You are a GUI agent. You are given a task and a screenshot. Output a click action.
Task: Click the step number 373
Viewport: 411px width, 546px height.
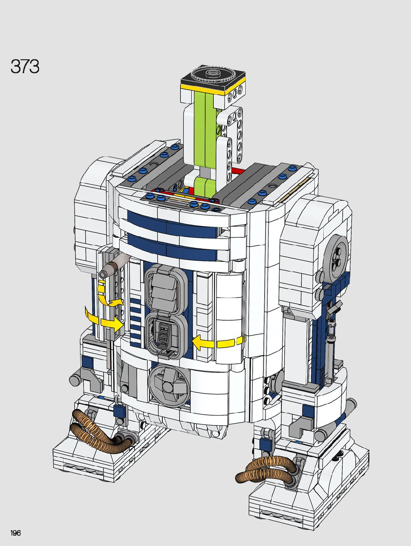point(25,67)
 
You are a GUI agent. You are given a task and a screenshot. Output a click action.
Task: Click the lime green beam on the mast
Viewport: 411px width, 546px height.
point(207,139)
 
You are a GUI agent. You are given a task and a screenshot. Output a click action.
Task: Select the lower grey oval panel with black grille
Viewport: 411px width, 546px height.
point(166,336)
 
